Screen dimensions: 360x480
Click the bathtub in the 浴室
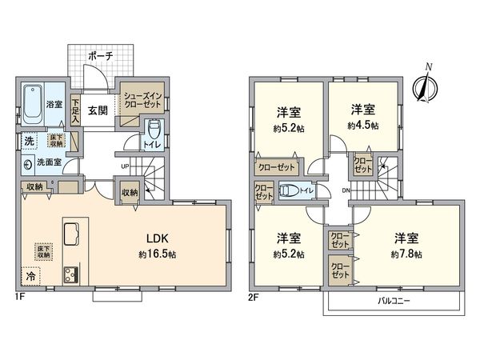[x=33, y=101]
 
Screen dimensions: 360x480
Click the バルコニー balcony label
[x=395, y=302]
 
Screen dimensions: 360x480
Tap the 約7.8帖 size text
[x=407, y=253]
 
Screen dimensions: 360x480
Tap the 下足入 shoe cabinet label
[x=75, y=110]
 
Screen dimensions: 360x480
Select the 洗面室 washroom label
[x=50, y=162]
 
